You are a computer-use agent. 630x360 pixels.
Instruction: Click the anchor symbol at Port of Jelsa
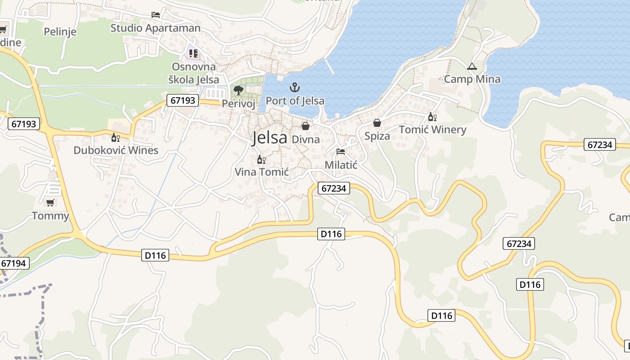(295, 87)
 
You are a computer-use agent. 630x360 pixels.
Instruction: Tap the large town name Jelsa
(270, 137)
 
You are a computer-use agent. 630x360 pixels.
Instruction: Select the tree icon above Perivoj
(238, 91)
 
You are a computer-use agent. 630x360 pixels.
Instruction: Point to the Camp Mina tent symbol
(472, 67)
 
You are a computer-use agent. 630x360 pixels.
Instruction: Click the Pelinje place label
(60, 32)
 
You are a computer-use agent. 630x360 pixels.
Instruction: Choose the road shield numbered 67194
(15, 263)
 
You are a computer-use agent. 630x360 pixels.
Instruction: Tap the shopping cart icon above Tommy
(50, 203)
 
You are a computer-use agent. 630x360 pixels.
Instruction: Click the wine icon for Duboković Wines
(116, 137)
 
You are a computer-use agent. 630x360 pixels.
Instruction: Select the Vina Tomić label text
(261, 172)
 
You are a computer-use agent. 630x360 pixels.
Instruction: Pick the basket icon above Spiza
(377, 123)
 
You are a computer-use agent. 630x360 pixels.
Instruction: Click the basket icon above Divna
(306, 126)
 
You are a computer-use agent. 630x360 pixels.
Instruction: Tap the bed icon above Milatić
(341, 152)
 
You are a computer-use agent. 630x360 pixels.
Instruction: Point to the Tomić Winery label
(432, 130)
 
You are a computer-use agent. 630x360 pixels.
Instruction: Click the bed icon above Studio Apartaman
(156, 15)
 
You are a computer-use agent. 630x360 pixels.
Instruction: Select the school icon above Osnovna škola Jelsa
(193, 54)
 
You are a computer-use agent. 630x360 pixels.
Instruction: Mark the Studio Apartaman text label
(156, 28)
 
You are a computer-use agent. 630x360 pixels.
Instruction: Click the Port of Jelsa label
(295, 100)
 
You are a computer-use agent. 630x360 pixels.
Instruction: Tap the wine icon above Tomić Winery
(432, 117)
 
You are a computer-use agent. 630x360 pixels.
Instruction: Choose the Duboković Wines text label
(116, 150)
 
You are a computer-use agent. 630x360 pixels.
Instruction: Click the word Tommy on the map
(50, 216)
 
